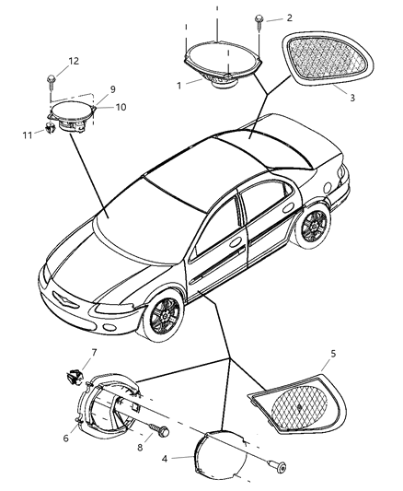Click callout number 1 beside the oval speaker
179,86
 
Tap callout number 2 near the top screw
289,18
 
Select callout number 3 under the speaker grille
352,98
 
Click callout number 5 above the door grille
333,354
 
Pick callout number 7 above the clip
94,353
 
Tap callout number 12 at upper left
74,61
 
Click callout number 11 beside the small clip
28,135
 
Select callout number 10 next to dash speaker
121,107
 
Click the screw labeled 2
259,21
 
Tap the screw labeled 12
51,81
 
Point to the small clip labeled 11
50,128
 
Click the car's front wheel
164,316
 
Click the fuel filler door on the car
328,188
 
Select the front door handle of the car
236,242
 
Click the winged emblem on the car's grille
64,298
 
